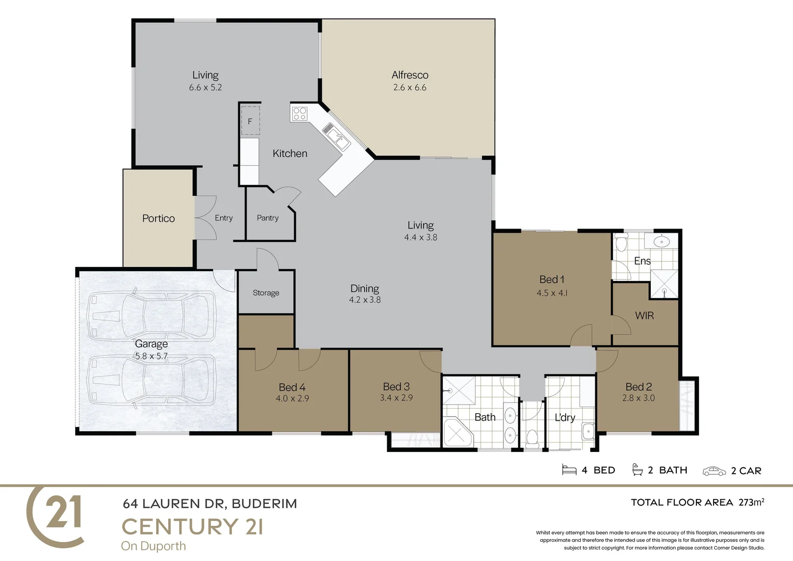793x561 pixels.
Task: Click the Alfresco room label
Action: [410, 75]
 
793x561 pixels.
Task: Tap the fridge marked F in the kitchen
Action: [250, 121]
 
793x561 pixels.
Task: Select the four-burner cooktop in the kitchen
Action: [299, 113]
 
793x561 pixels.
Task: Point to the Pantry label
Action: [268, 218]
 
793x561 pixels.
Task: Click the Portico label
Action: [158, 219]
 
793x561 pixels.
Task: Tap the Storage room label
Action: [266, 293]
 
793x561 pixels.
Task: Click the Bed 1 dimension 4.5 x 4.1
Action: [552, 293]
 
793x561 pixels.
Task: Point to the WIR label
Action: [644, 316]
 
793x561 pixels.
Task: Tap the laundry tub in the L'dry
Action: [588, 431]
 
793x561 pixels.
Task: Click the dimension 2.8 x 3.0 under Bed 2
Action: [638, 398]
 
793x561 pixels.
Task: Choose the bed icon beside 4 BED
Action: [569, 470]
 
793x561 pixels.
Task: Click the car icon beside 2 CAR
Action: [714, 471]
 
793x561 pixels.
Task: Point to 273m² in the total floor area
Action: [751, 502]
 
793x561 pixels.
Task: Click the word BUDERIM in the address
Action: [264, 504]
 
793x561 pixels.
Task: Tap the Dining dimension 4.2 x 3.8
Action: [365, 300]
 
